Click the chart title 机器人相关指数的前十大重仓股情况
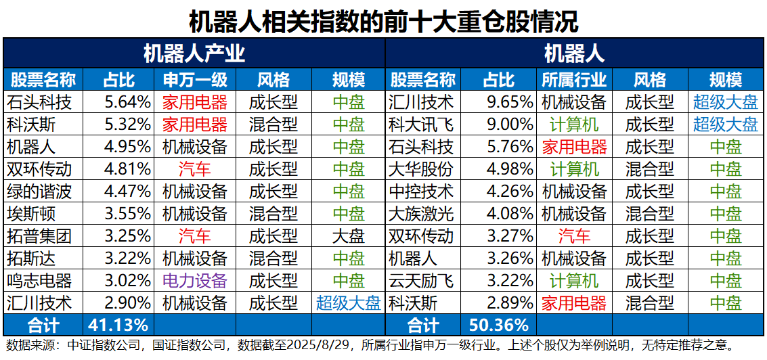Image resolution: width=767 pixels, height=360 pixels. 383,20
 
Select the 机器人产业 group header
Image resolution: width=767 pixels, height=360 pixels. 194,53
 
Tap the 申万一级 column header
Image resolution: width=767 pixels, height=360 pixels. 195,80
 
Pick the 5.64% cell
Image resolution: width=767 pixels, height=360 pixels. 127,102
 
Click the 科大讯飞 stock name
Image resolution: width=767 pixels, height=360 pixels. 421,125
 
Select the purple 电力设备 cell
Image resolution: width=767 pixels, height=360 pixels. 195,280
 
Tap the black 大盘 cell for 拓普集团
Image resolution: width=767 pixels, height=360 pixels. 349,236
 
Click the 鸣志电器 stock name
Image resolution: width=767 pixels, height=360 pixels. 39,280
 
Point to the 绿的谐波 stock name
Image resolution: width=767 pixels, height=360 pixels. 39,192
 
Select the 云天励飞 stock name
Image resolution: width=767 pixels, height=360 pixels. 421,280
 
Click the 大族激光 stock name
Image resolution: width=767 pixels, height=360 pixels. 421,214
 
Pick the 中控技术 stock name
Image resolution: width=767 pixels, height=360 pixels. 421,192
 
